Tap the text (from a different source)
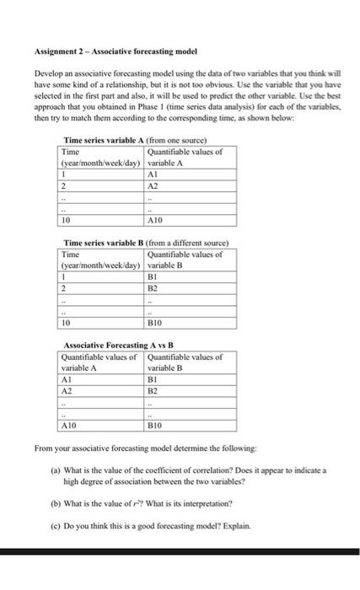185,243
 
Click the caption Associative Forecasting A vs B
117,346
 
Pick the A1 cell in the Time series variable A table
153,173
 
